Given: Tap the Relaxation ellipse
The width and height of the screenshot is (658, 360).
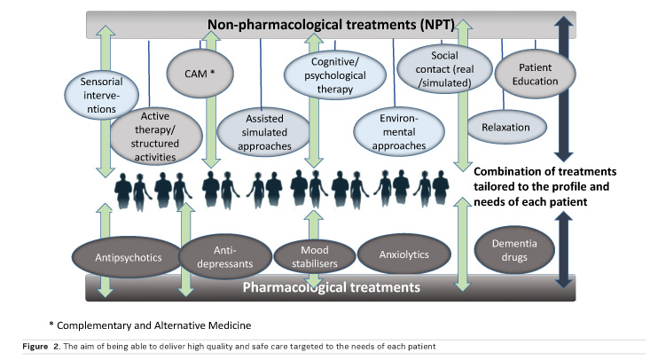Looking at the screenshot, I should (505, 127).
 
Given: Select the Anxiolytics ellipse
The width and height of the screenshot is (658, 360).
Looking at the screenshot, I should (403, 254).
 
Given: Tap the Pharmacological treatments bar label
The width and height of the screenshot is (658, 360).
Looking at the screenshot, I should (331, 287).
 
